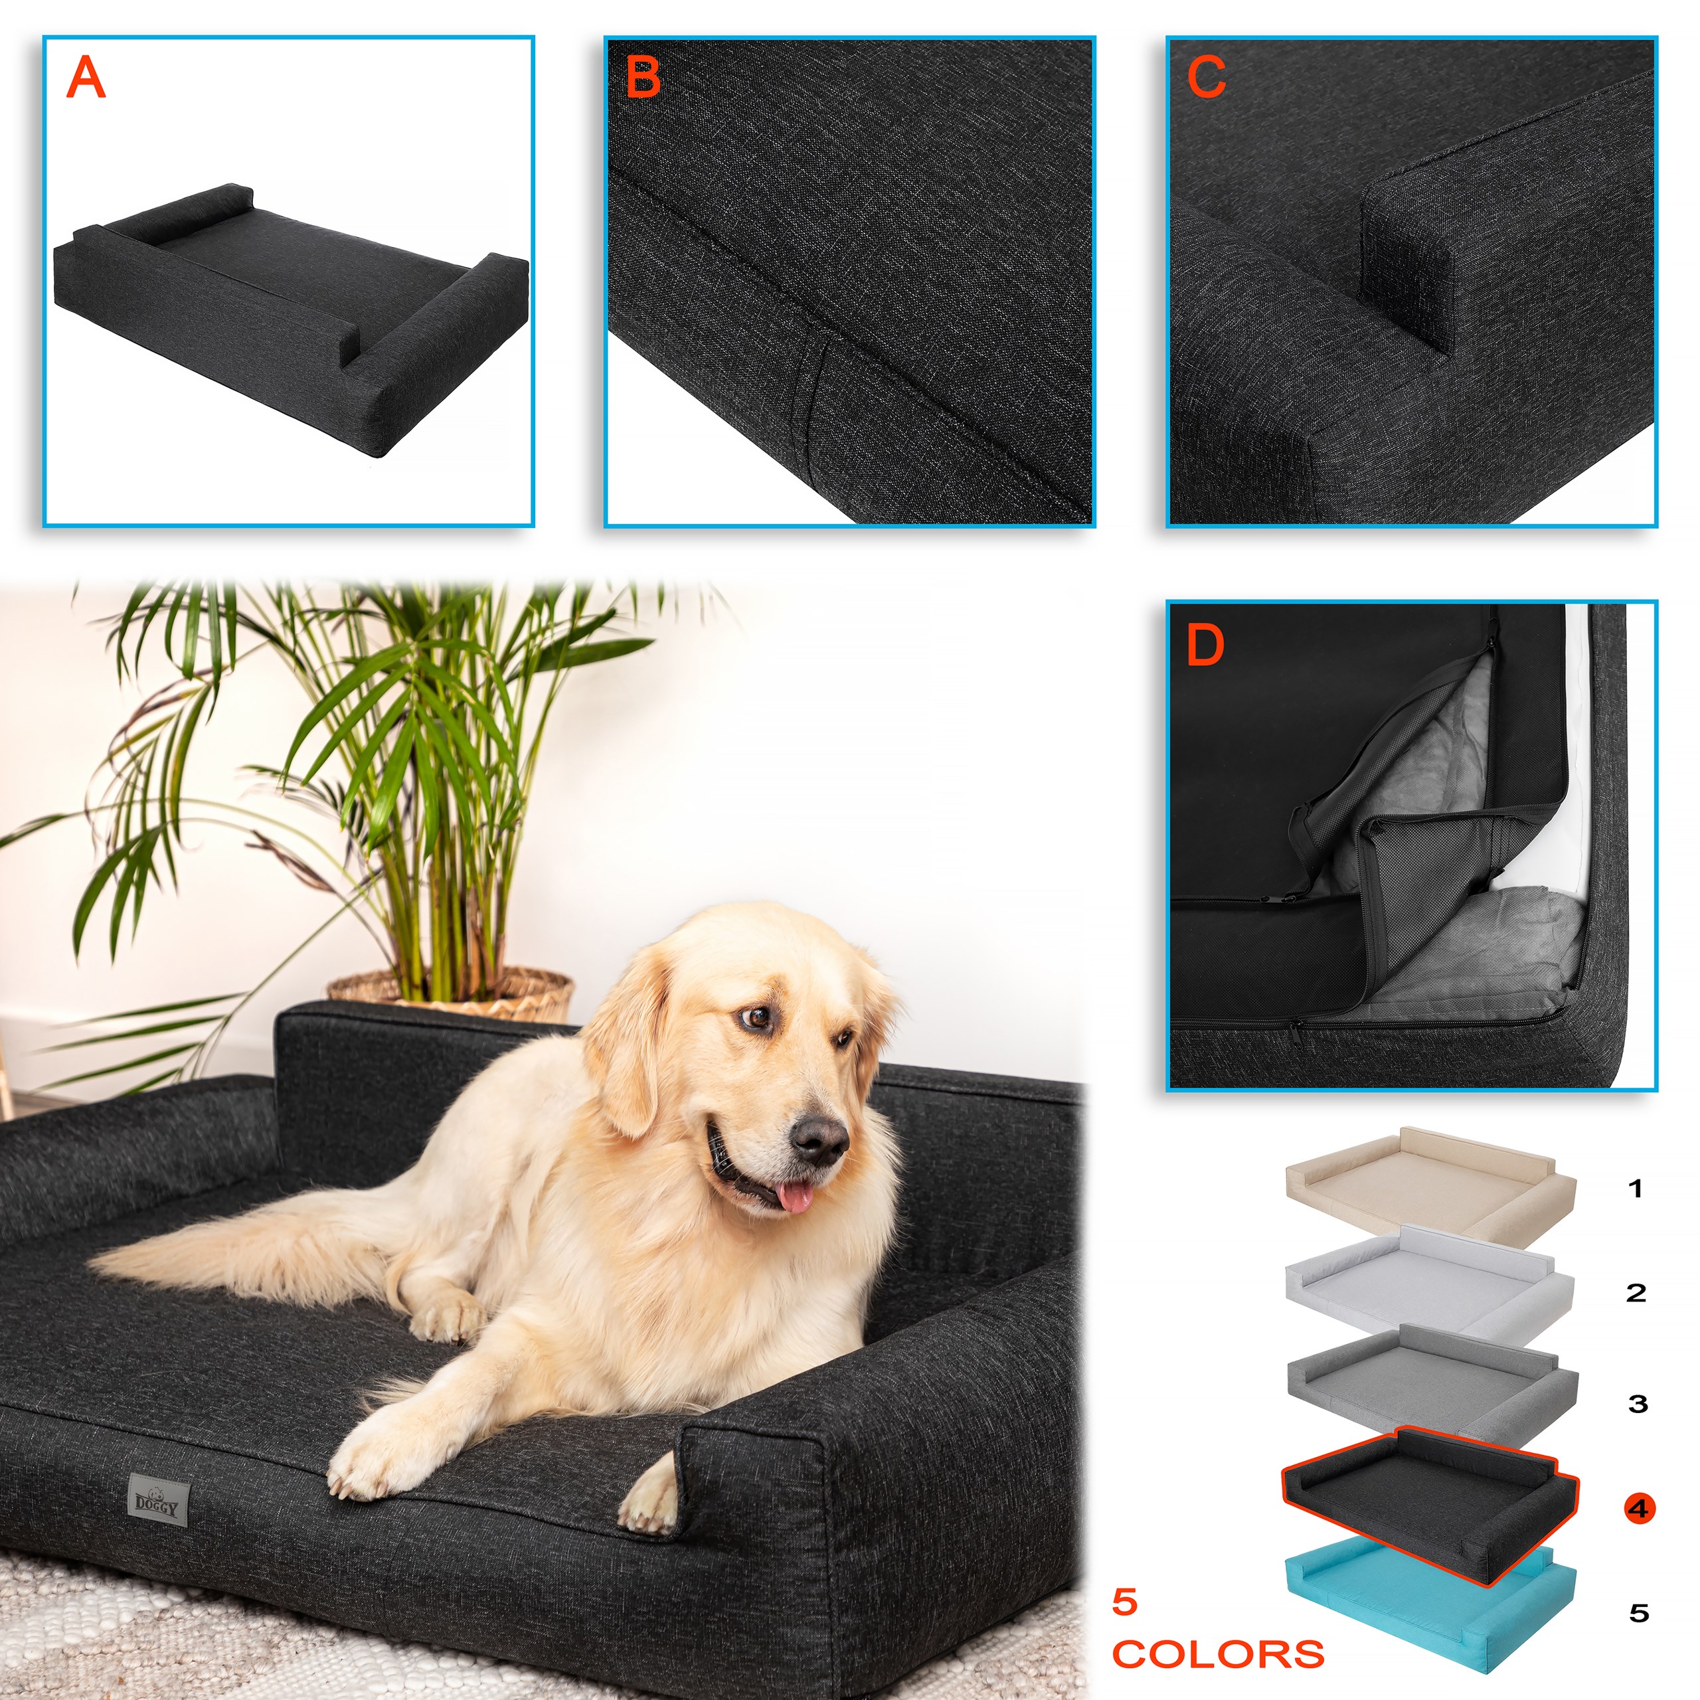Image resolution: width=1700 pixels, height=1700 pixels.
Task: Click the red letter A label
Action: [86, 78]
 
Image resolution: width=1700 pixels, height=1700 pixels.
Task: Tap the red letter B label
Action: [643, 78]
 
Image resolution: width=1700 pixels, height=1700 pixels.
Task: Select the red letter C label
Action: [1207, 78]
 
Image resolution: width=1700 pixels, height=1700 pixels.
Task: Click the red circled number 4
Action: [1638, 1508]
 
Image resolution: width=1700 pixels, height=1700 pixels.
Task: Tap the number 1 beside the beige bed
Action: [1636, 1189]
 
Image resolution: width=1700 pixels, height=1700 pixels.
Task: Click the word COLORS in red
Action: [1218, 1654]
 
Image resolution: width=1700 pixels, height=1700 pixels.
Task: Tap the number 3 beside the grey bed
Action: [1638, 1403]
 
